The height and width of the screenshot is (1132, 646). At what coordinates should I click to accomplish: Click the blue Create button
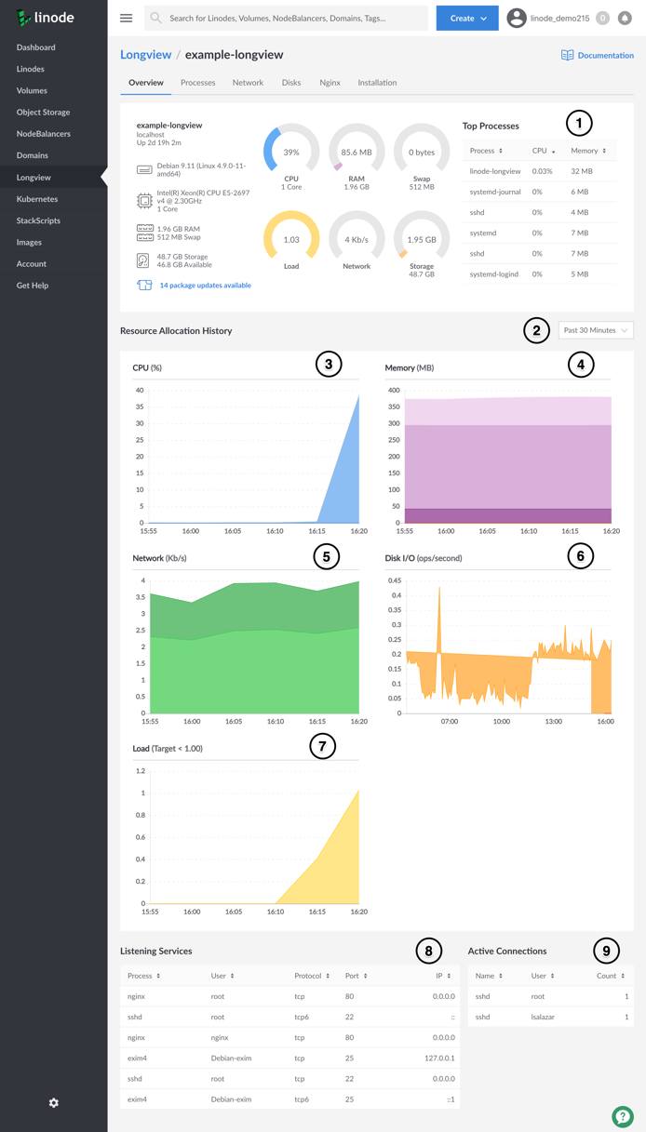point(467,19)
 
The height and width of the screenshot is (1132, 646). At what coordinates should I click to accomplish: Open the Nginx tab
point(330,83)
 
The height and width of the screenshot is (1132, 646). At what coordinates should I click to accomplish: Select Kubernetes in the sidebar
point(37,199)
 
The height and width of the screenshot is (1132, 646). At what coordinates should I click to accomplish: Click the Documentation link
point(598,56)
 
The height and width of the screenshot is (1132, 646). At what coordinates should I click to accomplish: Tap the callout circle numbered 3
point(328,365)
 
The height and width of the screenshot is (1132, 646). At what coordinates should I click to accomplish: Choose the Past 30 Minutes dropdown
point(596,330)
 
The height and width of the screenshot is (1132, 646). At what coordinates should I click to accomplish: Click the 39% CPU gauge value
point(291,153)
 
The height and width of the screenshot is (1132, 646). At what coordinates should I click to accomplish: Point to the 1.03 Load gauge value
point(291,239)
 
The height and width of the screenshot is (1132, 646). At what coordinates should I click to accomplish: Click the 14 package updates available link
point(205,286)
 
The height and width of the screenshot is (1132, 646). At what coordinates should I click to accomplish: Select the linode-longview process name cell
point(495,171)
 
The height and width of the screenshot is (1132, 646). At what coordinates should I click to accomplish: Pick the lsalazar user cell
point(543,1017)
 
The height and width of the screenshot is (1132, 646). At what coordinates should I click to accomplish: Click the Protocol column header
point(311,976)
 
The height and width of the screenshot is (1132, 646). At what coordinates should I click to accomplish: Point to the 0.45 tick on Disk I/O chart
point(395,580)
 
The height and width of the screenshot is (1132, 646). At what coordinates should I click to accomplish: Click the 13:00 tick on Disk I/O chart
point(554,721)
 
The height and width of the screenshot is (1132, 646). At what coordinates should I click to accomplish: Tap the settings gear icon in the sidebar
point(53,1103)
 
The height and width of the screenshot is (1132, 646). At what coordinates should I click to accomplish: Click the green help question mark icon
point(622,1116)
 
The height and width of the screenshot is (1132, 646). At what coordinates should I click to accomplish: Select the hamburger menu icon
point(127,19)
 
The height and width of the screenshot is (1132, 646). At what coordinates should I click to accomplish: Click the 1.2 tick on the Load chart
point(141,771)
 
